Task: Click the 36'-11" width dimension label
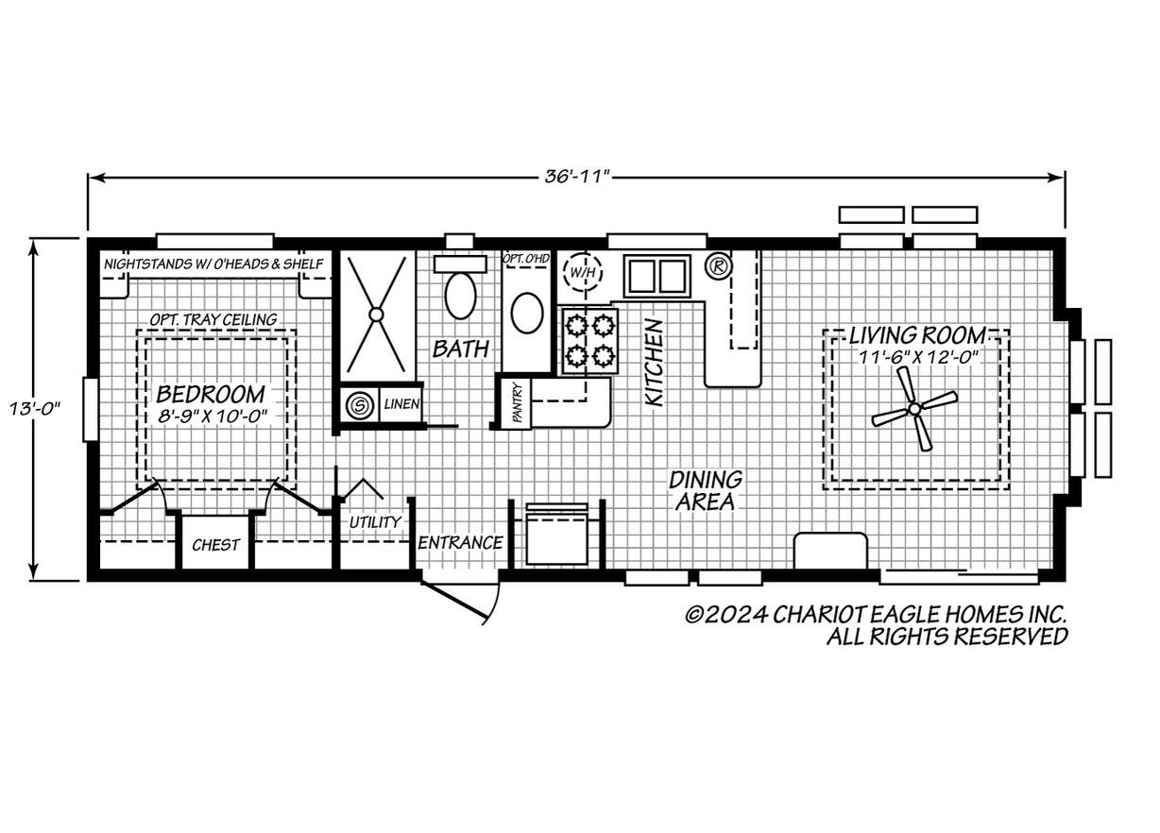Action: pos(577,178)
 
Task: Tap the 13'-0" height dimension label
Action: pos(37,408)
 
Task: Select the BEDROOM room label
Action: pos(211,393)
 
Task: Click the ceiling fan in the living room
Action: pos(913,408)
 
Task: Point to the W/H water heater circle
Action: pos(579,274)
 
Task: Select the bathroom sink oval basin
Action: pos(526,313)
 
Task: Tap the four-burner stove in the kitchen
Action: pos(589,341)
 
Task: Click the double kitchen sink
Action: pos(657,276)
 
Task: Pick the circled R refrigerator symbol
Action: pos(718,266)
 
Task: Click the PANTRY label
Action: pos(516,403)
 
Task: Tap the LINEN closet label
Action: pos(401,405)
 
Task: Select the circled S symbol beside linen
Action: pos(359,406)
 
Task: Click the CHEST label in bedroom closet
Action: pos(215,545)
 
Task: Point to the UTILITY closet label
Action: pos(375,522)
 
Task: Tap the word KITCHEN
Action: pos(653,362)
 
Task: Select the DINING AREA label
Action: pos(706,491)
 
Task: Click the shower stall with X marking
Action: pos(376,314)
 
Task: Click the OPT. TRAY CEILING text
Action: pos(213,319)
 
